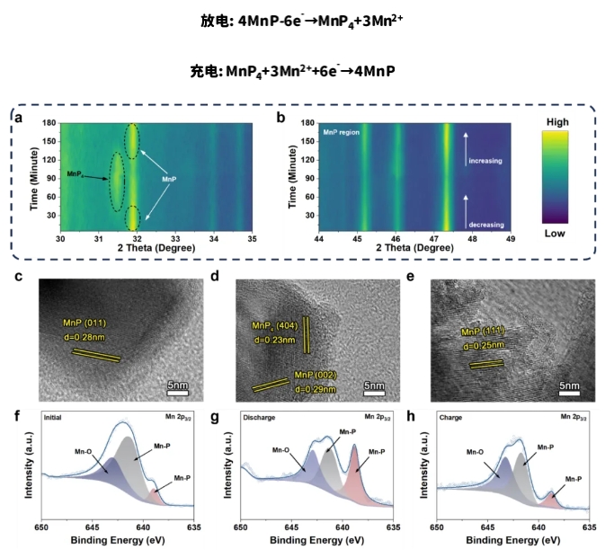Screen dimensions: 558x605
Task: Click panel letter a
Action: pyautogui.click(x=18, y=119)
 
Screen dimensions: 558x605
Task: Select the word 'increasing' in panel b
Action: pyautogui.click(x=485, y=161)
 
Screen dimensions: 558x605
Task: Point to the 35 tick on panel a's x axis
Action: pyautogui.click(x=253, y=238)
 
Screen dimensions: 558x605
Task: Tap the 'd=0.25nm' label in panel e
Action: pyautogui.click(x=484, y=345)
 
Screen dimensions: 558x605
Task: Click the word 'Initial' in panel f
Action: pyautogui.click(x=56, y=418)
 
